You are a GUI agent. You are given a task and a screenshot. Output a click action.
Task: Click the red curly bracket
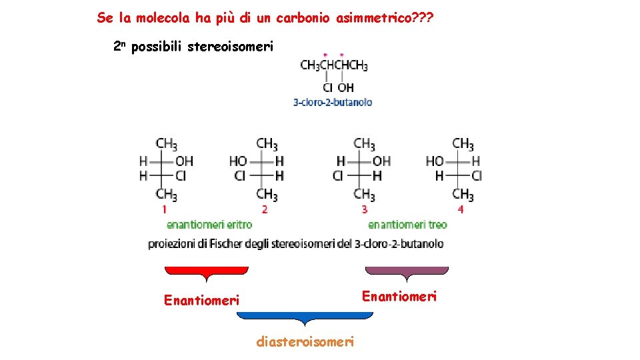click(206, 271)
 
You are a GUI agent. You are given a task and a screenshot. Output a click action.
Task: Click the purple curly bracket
click(407, 271)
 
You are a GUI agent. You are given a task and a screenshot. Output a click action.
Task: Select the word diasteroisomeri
click(305, 342)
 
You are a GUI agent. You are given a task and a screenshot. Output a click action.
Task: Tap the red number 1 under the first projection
click(164, 209)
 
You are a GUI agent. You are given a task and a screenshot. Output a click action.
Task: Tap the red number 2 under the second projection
click(265, 209)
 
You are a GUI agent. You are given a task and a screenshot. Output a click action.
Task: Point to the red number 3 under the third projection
click(364, 209)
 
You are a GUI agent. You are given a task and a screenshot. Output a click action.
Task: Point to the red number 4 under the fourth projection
click(461, 209)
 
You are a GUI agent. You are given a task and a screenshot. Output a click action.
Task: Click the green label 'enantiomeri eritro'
click(209, 225)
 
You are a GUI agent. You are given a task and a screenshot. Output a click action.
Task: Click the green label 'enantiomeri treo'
click(407, 225)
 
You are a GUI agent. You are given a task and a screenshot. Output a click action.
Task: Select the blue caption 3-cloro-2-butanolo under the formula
click(333, 102)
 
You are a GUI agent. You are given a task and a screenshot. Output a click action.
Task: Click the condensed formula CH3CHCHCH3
click(334, 65)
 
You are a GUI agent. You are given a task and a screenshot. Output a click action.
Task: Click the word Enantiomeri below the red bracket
click(201, 301)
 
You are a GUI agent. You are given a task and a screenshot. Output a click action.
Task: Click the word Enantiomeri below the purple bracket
click(399, 296)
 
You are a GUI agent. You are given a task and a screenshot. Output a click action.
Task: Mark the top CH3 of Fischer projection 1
click(167, 144)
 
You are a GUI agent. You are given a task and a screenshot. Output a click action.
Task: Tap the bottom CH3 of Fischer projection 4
click(463, 195)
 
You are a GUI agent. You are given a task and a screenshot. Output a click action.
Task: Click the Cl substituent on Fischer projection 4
click(476, 176)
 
